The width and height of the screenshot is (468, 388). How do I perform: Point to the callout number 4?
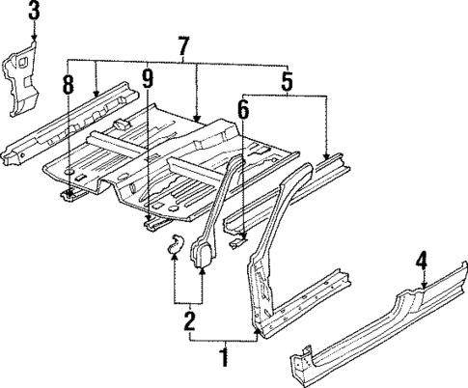coord(422,261)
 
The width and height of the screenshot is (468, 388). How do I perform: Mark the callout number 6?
coord(244,111)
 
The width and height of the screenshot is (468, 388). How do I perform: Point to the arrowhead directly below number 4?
coord(422,287)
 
